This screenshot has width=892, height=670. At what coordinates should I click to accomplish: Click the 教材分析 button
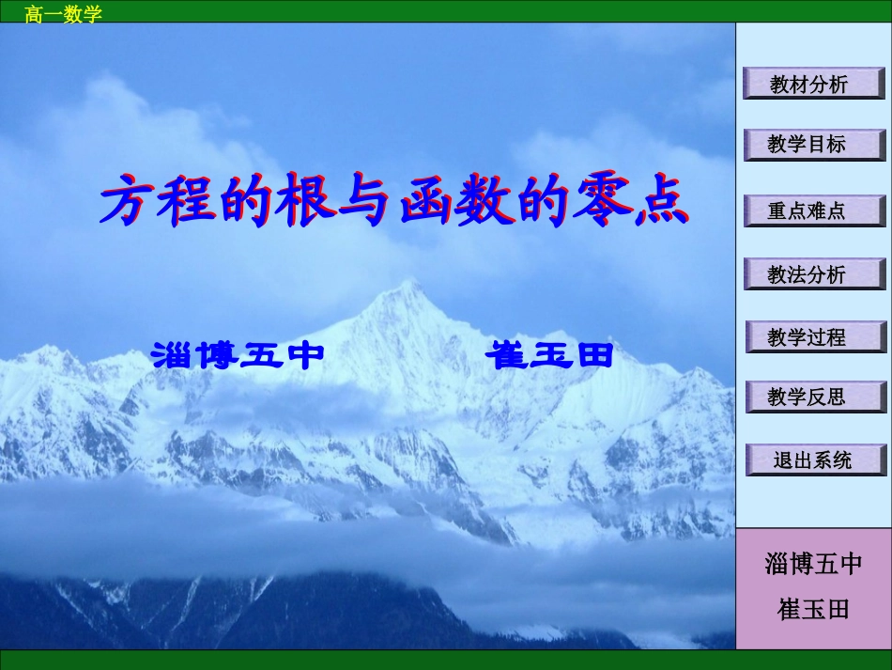coord(813,84)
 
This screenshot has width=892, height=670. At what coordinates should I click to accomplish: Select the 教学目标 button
coord(813,145)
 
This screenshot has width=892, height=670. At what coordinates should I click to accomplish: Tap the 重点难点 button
coord(813,210)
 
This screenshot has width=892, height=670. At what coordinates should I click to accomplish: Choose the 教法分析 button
coord(813,274)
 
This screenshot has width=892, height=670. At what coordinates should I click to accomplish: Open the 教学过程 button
coord(815,336)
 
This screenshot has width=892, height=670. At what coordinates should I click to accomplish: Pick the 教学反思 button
coord(815,397)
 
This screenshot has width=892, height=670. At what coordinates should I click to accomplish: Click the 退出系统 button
coord(815,460)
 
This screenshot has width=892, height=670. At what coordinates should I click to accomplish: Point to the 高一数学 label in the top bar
coord(64,14)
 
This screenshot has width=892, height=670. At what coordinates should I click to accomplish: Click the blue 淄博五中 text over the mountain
coord(238,355)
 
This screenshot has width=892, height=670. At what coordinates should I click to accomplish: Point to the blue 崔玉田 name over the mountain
coord(550,355)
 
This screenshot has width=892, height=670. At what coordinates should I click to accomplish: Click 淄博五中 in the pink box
coord(813,564)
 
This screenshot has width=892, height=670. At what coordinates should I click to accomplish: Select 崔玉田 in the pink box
coord(813,609)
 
